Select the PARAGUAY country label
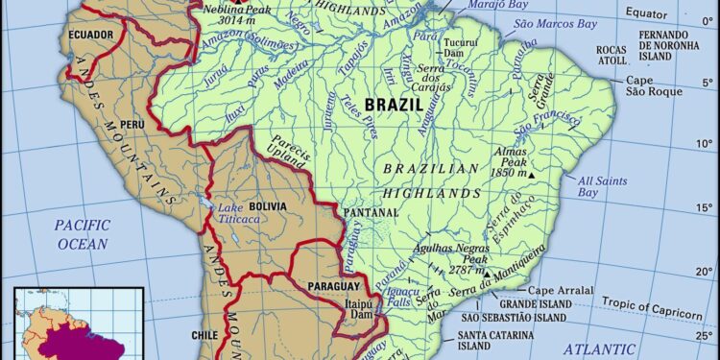click(333, 287)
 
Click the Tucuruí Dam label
click(461, 47)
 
